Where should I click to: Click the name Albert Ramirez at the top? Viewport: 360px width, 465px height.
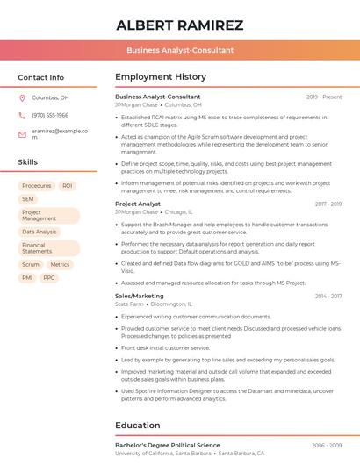click(x=179, y=25)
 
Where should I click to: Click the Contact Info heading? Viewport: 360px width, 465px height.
click(x=40, y=77)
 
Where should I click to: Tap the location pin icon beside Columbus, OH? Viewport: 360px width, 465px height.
click(x=22, y=98)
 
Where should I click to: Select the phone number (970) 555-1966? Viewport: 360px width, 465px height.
click(x=50, y=115)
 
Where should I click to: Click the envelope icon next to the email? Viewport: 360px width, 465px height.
click(x=22, y=132)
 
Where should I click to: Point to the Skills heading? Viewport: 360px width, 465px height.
click(x=27, y=162)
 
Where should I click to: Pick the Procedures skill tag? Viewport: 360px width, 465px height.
click(x=36, y=186)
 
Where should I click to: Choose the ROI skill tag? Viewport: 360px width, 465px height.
click(x=67, y=186)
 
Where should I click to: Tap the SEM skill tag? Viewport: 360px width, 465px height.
click(x=28, y=199)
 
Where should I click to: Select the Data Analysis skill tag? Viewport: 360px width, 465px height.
click(x=39, y=232)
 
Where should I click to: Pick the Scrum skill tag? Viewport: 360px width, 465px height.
click(x=31, y=264)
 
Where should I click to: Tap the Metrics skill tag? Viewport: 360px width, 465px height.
click(x=60, y=264)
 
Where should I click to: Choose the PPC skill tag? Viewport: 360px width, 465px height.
click(x=48, y=277)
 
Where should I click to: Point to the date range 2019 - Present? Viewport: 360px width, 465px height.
click(x=324, y=97)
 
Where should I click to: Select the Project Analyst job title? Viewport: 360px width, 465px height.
click(x=138, y=204)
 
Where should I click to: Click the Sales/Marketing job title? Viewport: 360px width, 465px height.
click(x=140, y=297)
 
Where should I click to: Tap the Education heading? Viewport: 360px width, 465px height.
click(x=138, y=426)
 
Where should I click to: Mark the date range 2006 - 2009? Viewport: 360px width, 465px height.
click(x=327, y=446)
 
